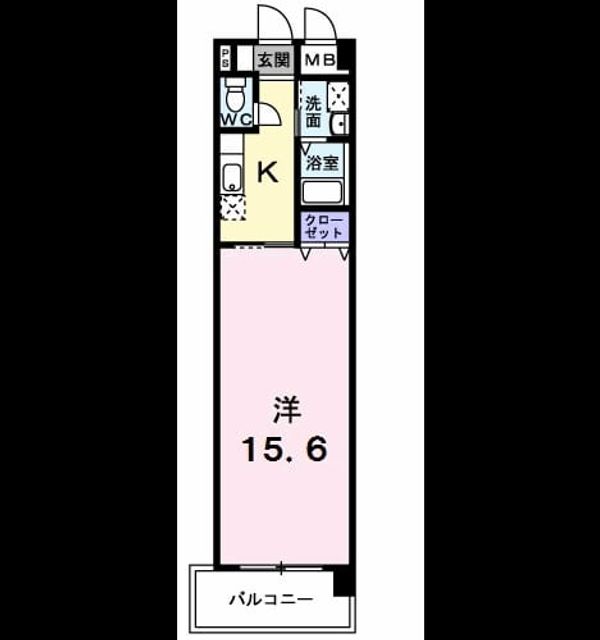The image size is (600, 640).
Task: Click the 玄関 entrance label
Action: click(x=273, y=60)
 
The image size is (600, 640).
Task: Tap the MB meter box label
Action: click(x=320, y=60)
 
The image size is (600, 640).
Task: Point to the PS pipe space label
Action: click(x=225, y=58)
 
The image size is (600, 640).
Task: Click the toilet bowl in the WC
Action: click(x=235, y=96)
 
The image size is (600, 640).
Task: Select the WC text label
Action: click(x=236, y=120)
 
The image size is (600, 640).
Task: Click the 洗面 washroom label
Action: click(x=313, y=112)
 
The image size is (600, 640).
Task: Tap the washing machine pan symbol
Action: click(x=338, y=96)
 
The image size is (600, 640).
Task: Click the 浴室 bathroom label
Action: click(x=322, y=163)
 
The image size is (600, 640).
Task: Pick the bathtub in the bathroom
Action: click(x=322, y=192)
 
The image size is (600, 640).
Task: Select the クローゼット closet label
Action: click(x=324, y=227)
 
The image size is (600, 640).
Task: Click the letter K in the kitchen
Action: click(x=267, y=172)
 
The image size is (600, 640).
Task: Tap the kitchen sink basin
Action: click(x=232, y=178)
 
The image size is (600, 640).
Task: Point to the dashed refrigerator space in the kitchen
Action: click(x=233, y=208)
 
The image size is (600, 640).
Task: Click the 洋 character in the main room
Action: click(x=287, y=409)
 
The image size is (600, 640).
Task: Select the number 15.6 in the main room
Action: click(x=285, y=449)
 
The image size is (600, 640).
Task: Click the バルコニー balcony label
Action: click(x=271, y=600)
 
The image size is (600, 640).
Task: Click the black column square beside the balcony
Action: click(x=342, y=581)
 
